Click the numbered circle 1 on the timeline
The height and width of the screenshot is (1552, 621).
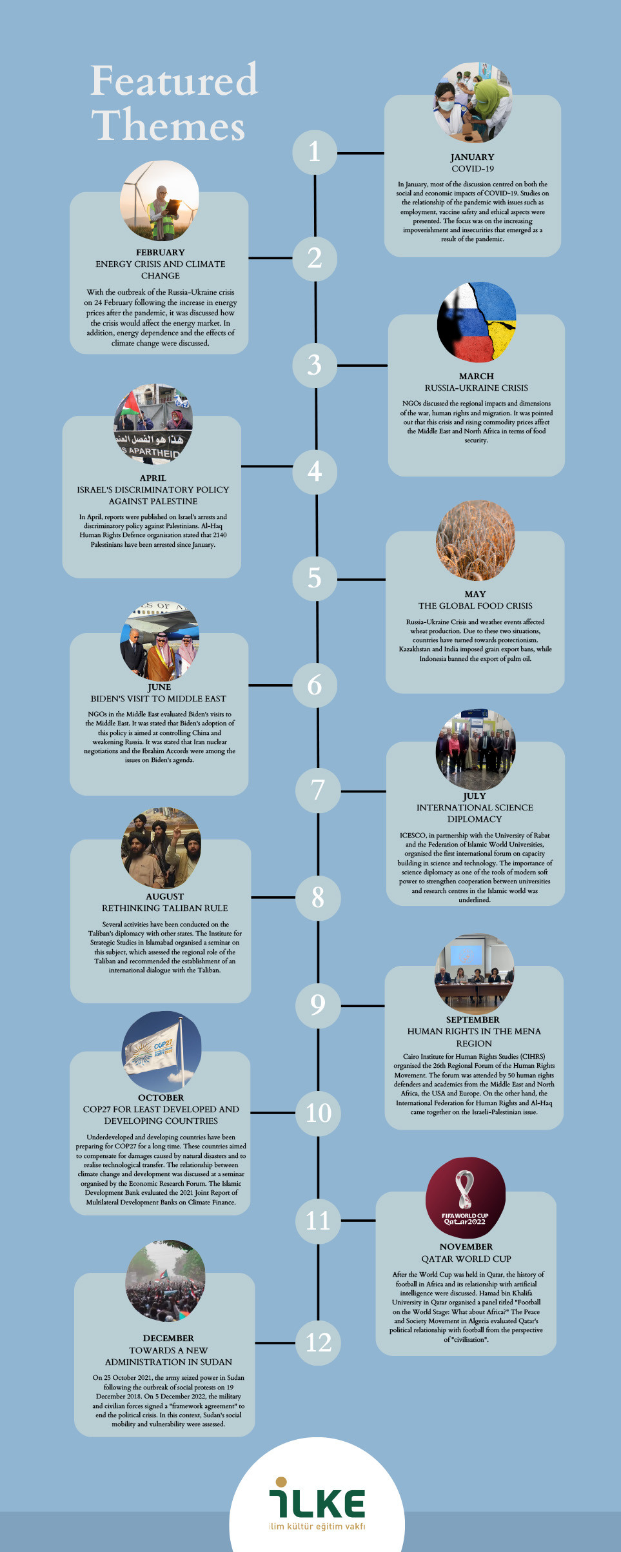click(314, 153)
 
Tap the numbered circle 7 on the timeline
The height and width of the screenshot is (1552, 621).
click(318, 791)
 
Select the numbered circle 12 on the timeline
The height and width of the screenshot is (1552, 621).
click(319, 1342)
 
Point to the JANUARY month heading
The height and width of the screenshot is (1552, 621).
click(472, 157)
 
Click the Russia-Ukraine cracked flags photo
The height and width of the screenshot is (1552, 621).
click(476, 322)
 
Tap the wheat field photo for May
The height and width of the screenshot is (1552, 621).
click(475, 541)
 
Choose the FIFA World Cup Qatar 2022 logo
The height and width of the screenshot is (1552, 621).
click(465, 1198)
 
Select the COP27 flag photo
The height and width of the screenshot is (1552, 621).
click(161, 1052)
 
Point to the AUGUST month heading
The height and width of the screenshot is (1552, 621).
click(164, 896)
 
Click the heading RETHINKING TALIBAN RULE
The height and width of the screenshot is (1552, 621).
click(164, 908)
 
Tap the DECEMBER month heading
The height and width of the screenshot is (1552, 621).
click(168, 1338)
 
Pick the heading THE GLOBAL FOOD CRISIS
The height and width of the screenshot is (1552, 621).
click(475, 605)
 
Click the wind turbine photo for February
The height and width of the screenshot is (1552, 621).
click(159, 201)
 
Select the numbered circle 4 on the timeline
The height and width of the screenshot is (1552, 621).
click(315, 472)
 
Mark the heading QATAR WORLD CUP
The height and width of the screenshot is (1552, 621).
click(466, 1259)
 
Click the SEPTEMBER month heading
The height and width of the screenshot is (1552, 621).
click(473, 1019)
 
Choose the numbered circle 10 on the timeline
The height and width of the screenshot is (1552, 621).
click(318, 1113)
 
